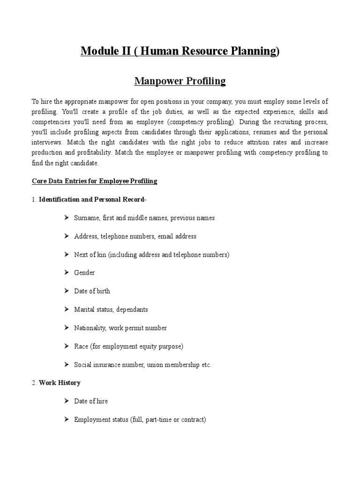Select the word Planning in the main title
pos(254,51)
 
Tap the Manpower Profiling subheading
pos(180,81)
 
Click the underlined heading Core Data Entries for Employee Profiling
pos(94,181)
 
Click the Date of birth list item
pos(92,291)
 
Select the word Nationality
pos(90,328)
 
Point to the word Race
pos(81,346)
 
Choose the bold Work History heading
pos(60,383)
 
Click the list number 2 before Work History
pos(34,383)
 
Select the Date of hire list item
pos(91,401)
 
